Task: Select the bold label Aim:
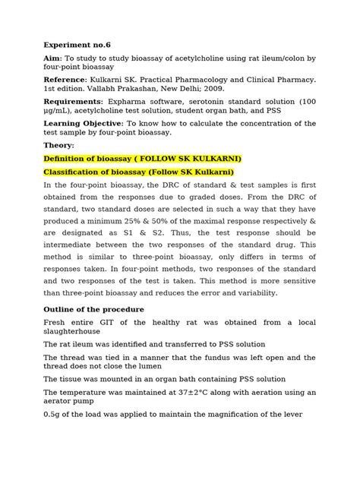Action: tap(55, 59)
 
